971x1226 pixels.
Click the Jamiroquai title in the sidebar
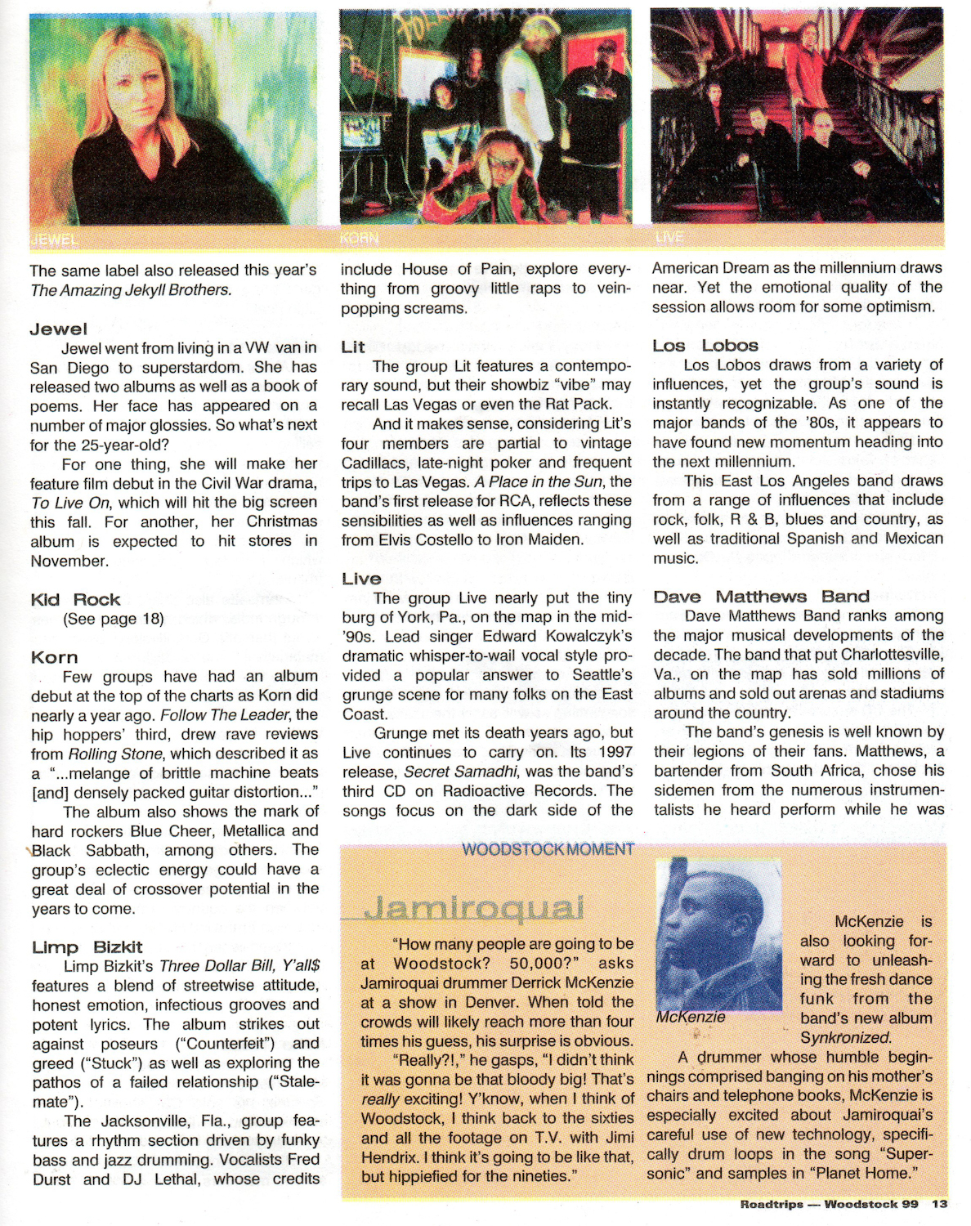[x=474, y=908]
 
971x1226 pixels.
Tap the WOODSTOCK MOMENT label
[x=548, y=849]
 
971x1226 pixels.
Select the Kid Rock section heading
[x=75, y=599]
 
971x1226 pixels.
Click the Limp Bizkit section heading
[x=87, y=947]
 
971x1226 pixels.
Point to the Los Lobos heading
[x=705, y=345]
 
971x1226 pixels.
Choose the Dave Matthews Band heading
[x=761, y=596]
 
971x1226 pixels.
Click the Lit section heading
[x=353, y=347]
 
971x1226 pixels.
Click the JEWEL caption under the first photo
[x=54, y=239]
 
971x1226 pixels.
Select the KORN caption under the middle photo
[x=360, y=239]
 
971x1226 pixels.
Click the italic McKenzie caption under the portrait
[x=690, y=1018]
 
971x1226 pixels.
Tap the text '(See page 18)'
[x=114, y=619]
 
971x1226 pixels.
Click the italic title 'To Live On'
[x=70, y=503]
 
